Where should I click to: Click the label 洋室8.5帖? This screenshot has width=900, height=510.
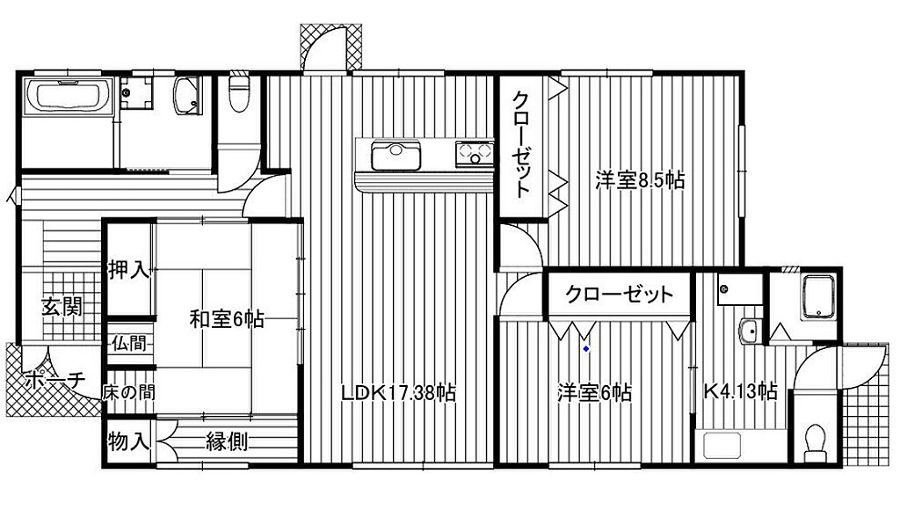coord(640,180)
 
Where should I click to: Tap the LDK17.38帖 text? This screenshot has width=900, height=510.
coord(398,393)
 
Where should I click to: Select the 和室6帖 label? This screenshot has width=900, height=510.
coord(227,318)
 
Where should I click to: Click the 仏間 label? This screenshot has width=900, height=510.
coord(128,344)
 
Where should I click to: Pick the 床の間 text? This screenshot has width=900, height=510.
coord(128,393)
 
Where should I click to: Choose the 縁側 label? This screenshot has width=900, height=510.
coord(227,441)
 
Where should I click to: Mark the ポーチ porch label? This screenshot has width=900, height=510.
coord(55,379)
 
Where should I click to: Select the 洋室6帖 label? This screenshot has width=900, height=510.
coord(594,393)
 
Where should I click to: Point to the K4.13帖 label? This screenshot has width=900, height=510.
coord(740,391)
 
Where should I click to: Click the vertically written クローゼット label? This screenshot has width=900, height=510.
coord(520,145)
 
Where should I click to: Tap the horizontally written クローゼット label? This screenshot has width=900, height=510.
coord(619,295)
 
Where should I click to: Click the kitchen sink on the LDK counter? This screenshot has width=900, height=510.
coord(396,156)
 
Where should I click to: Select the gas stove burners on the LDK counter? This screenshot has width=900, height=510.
coord(475,153)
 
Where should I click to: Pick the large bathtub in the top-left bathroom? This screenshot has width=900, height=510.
coord(68,96)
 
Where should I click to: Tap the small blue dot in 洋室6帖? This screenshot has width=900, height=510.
coord(586,348)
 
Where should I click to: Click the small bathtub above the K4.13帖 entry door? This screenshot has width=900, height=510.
coord(818,295)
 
